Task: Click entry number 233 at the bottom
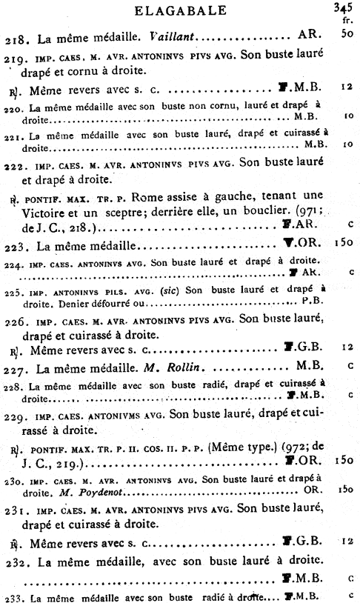point(13,597)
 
